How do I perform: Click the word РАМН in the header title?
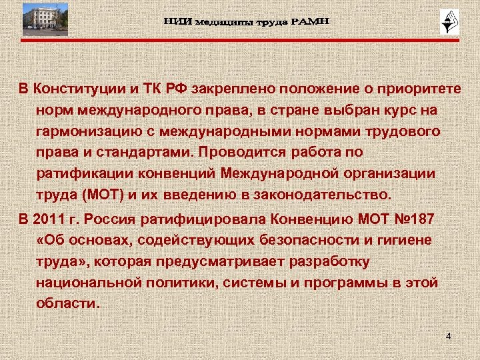309,23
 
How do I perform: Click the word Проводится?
243,152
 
